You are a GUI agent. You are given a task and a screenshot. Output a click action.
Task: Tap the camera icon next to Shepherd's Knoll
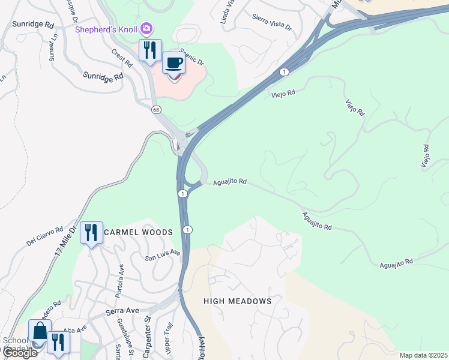[146, 28]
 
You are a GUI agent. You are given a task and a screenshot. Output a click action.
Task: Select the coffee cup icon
[173, 62]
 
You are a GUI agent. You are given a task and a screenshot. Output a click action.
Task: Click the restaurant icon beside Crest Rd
[149, 50]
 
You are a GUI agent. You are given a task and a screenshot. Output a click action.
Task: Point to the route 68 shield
[156, 110]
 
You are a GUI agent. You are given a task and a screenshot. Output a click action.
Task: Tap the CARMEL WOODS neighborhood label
[139, 232]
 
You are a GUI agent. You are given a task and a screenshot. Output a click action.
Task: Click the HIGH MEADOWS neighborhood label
[237, 301]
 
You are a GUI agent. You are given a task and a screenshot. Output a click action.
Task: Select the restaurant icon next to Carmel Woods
[91, 232]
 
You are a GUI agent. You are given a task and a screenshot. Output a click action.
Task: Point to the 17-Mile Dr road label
[66, 241]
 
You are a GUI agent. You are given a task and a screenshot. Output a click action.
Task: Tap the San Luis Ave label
[163, 255]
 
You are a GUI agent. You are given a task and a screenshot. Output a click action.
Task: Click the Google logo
[19, 353]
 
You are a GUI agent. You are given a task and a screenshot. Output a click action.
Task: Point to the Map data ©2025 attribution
[423, 355]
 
